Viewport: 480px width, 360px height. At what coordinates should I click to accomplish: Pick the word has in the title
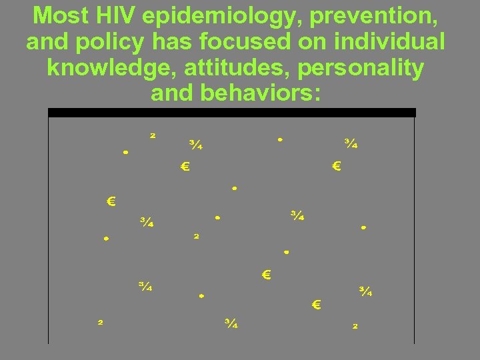point(180,41)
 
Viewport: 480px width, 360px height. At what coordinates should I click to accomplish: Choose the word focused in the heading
point(253,41)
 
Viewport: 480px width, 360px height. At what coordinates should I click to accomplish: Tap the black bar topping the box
point(232,113)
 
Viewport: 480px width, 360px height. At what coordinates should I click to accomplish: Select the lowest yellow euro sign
point(317,305)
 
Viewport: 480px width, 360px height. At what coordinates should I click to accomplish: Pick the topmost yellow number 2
point(153,135)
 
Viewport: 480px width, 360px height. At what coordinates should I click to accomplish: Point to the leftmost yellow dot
point(106,238)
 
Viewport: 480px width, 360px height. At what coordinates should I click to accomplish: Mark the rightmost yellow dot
point(363,227)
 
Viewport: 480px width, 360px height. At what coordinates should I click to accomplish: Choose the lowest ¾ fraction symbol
point(231,323)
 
